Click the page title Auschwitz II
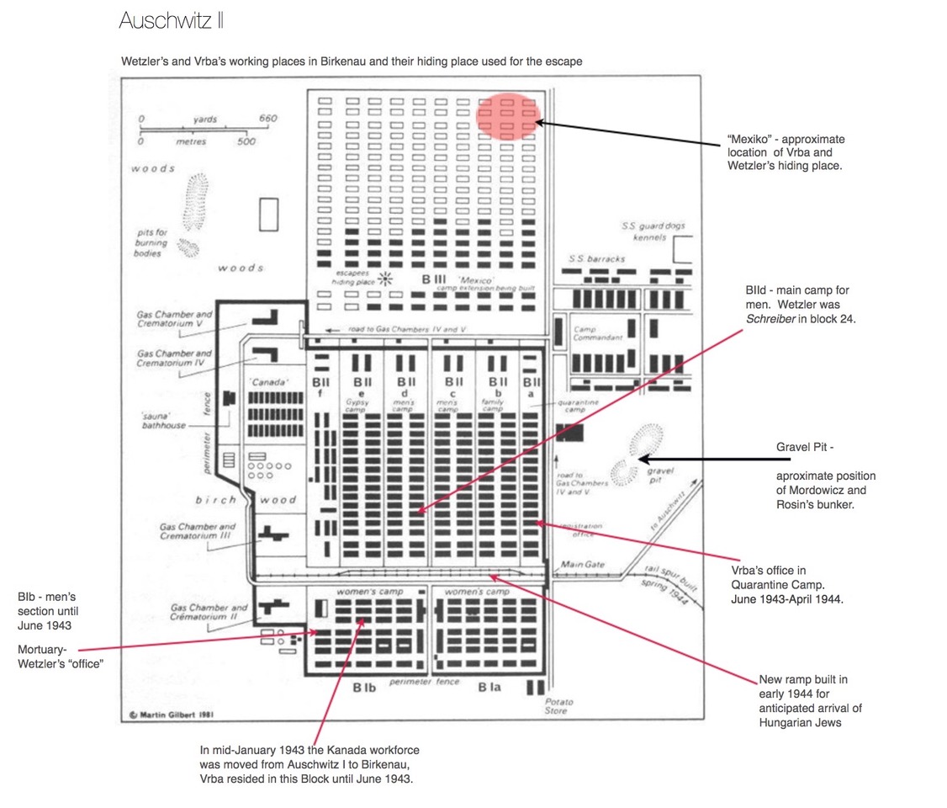point(172,20)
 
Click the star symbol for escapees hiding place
point(387,279)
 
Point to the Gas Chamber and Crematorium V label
point(175,318)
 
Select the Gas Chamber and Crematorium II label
point(209,611)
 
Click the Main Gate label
point(579,564)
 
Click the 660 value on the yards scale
point(267,119)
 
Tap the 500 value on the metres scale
point(246,141)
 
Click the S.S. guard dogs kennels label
point(650,231)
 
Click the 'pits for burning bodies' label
point(152,242)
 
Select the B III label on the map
point(434,279)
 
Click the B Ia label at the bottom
point(488,687)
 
